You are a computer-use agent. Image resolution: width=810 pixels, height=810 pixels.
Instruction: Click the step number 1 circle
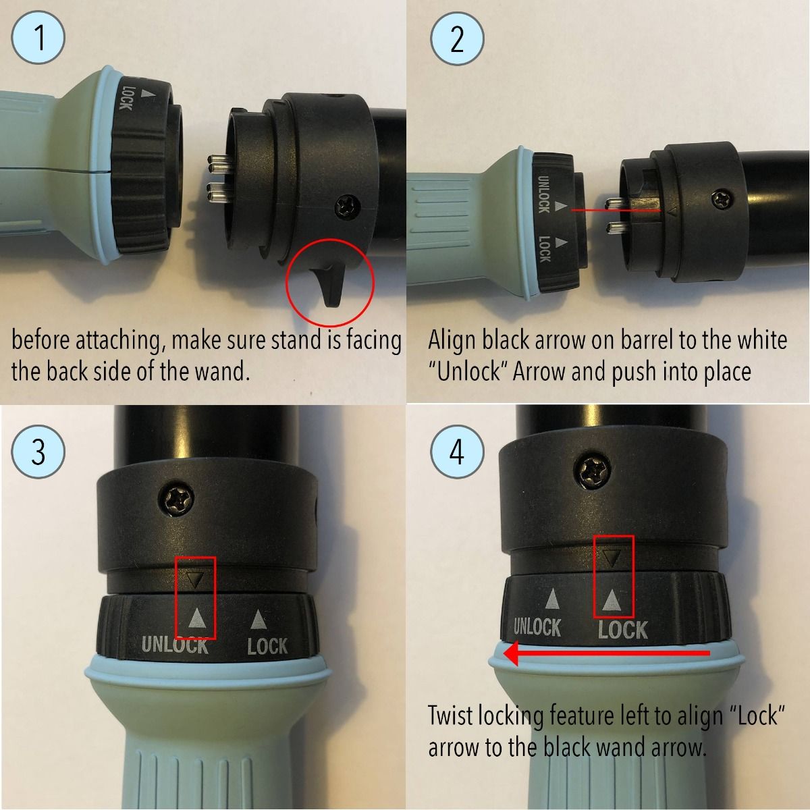click(38, 38)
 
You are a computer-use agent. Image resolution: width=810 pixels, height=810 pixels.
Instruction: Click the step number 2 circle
click(458, 38)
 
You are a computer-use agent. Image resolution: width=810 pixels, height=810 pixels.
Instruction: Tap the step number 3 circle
click(38, 452)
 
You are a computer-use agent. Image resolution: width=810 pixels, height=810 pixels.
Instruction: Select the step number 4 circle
click(458, 452)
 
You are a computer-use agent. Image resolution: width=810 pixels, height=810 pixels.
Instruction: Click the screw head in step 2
click(723, 197)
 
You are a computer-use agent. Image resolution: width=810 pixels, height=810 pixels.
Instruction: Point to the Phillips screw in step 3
click(177, 500)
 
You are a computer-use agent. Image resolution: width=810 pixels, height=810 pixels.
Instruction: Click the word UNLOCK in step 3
click(175, 645)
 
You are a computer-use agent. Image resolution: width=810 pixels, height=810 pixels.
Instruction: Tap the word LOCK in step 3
click(267, 646)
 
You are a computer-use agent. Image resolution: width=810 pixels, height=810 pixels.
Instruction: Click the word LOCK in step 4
click(623, 630)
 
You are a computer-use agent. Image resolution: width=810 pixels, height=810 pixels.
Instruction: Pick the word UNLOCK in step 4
click(537, 627)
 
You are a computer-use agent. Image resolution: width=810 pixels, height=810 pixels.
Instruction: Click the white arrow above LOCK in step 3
click(258, 619)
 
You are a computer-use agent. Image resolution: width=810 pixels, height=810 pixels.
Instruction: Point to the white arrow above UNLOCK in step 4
click(552, 598)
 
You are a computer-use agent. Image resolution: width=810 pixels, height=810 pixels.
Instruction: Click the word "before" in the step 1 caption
click(41, 340)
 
